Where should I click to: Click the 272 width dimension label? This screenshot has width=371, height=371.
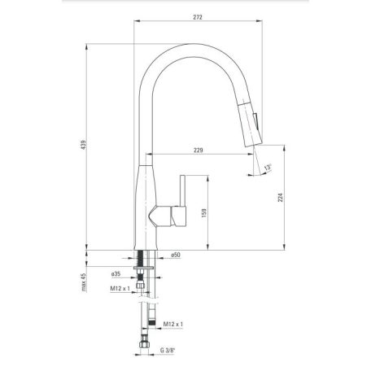198,17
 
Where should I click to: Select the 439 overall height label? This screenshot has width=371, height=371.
84,145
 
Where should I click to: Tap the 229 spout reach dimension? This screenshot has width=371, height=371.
199,150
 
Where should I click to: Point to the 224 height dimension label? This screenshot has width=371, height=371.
281,197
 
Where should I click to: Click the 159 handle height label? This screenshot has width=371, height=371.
204,213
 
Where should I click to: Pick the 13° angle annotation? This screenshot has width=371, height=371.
268,167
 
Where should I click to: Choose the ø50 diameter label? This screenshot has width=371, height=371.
176,255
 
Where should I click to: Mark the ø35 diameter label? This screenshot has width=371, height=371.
116,274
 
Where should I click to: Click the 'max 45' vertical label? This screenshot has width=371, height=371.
84,282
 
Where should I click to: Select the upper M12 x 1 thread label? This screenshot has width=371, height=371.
120,288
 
